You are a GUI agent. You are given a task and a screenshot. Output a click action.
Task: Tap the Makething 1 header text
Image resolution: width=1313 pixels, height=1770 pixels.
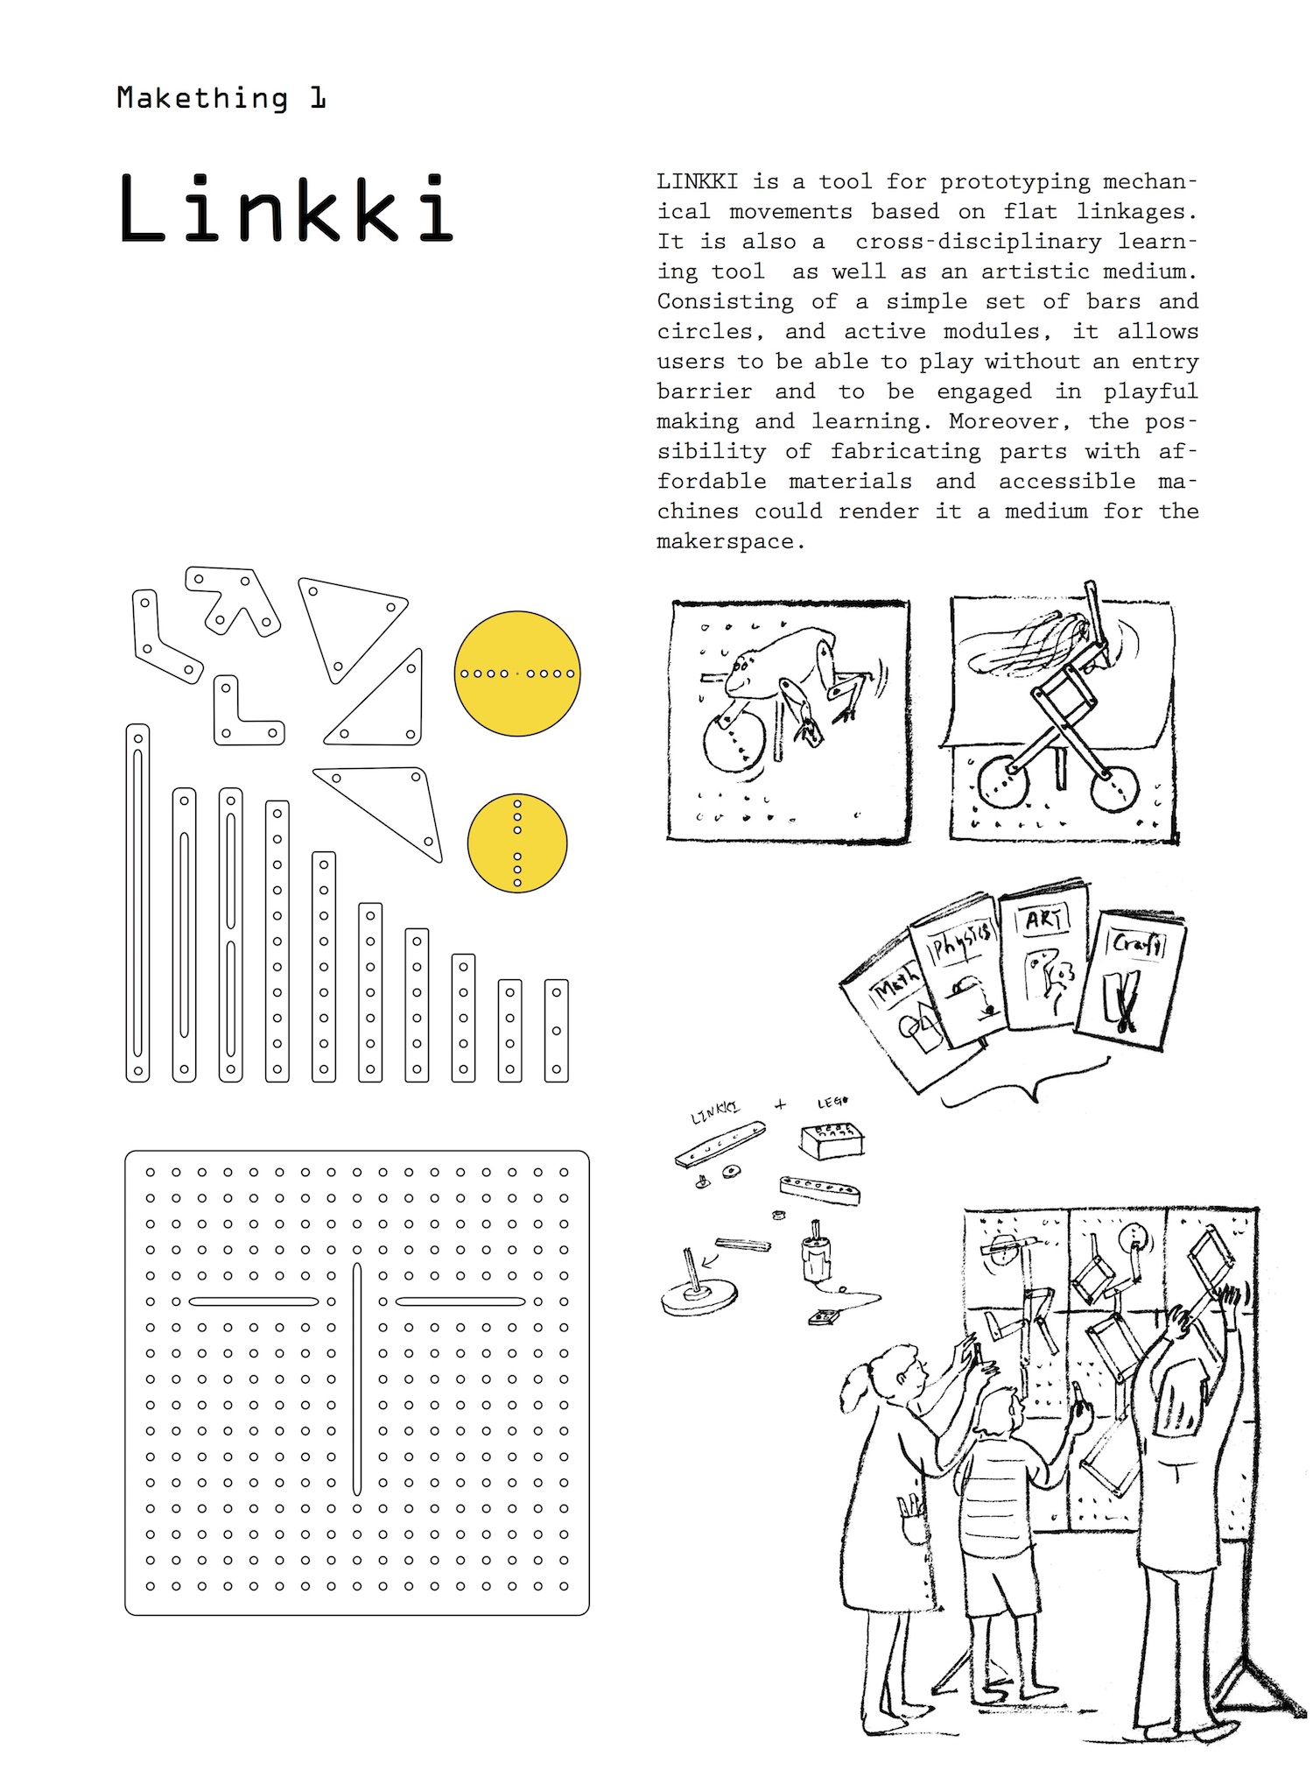click(221, 98)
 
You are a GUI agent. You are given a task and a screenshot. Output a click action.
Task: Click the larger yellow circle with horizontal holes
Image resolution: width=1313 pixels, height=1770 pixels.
click(517, 673)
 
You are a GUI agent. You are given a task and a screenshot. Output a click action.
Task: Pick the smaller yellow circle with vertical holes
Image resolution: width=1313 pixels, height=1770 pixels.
click(517, 843)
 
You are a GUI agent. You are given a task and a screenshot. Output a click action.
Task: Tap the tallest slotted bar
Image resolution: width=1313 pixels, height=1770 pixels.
click(137, 902)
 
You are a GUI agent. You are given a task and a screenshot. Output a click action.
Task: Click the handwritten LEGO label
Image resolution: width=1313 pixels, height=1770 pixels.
click(832, 1103)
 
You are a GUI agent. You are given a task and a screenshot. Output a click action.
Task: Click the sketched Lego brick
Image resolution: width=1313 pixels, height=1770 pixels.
click(832, 1139)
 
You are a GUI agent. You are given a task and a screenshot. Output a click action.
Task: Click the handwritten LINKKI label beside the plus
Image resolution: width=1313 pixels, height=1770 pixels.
click(715, 1112)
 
